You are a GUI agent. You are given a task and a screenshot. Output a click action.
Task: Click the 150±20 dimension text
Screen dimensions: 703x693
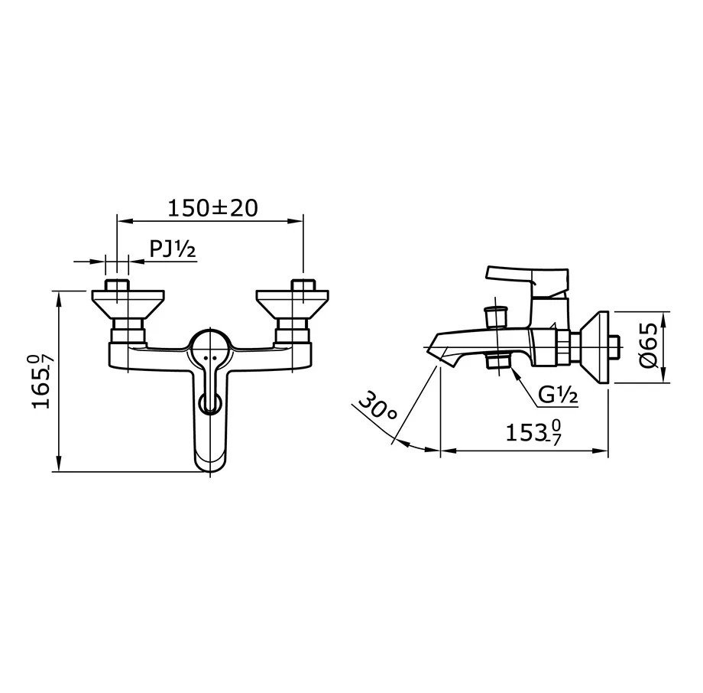pos(212,208)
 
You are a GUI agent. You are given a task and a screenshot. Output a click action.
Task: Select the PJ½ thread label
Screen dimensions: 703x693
pos(173,249)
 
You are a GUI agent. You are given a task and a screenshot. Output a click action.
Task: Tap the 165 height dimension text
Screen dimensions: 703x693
pos(43,381)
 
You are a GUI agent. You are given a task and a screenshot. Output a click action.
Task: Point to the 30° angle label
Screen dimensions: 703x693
pos(377,405)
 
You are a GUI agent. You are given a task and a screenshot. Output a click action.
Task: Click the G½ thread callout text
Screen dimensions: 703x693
pos(557,395)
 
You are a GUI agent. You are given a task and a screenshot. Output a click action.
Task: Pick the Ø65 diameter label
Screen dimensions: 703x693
pos(648,346)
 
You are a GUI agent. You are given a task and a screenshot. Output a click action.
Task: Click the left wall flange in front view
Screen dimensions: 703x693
pos(128,304)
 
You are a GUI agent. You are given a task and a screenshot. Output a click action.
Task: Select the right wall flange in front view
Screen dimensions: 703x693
pos(293,304)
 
